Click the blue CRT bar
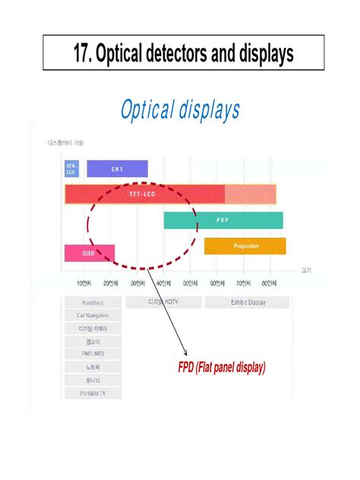pyautogui.click(x=117, y=169)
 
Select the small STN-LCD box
pyautogui.click(x=72, y=169)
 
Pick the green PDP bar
pyautogui.click(x=223, y=220)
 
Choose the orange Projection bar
pyautogui.click(x=245, y=246)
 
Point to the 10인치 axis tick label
pyautogui.click(x=84, y=284)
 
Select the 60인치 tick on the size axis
pyautogui.click(x=217, y=284)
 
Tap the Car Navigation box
pyautogui.click(x=93, y=315)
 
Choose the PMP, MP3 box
pyautogui.click(x=93, y=354)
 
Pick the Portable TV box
pyautogui.click(x=93, y=393)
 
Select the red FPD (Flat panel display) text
pyautogui.click(x=216, y=368)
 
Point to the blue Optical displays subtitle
pyautogui.click(x=180, y=110)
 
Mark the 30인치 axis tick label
pyautogui.click(x=137, y=284)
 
